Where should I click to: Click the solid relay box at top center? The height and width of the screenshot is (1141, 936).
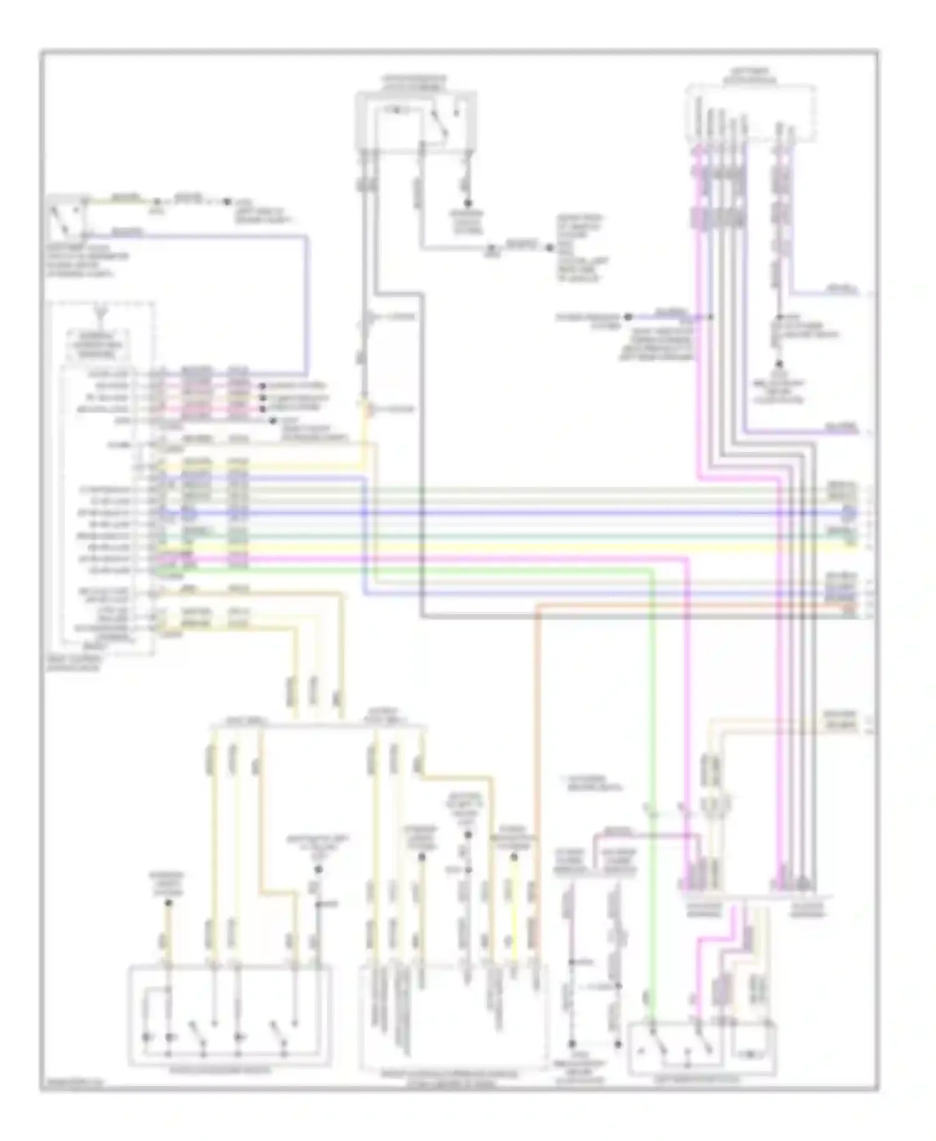416,121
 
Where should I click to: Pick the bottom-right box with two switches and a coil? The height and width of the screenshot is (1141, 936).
701,1048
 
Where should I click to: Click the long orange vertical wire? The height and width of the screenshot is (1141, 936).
535,749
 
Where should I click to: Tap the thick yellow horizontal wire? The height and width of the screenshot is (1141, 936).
499,547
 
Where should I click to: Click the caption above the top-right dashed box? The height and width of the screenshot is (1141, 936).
751,76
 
